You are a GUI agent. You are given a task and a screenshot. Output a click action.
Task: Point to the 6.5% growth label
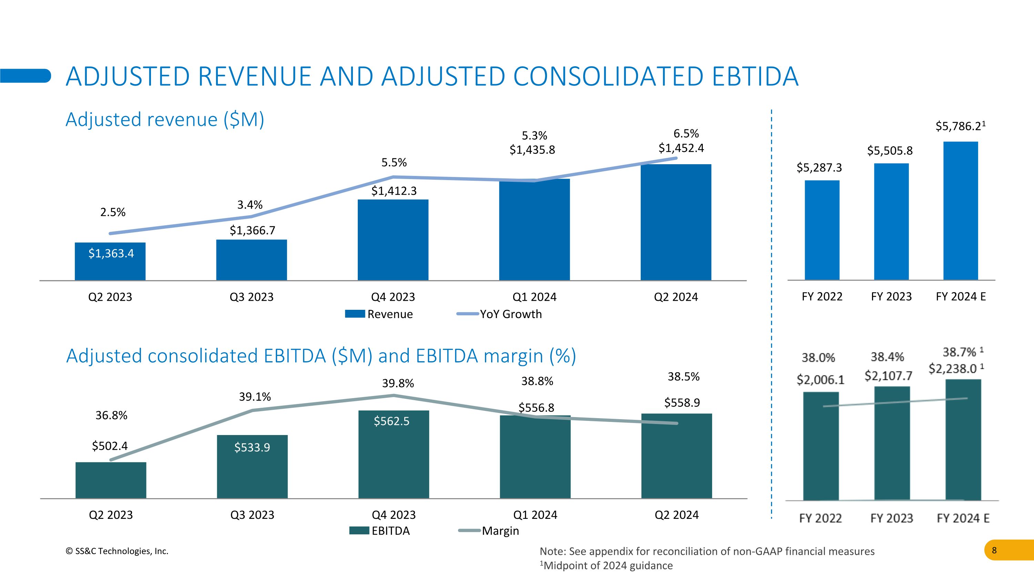[686, 134]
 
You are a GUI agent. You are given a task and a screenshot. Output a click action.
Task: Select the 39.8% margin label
[398, 383]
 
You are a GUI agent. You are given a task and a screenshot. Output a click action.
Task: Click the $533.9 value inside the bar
[252, 447]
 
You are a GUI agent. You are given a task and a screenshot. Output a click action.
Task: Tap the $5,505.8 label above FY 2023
[890, 151]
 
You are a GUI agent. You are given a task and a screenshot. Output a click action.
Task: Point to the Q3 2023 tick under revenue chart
[251, 297]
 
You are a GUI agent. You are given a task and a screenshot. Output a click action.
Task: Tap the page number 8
[994, 550]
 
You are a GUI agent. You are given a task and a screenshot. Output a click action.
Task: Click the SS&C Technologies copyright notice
[117, 551]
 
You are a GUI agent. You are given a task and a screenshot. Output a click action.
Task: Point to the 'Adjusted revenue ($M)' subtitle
[164, 119]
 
